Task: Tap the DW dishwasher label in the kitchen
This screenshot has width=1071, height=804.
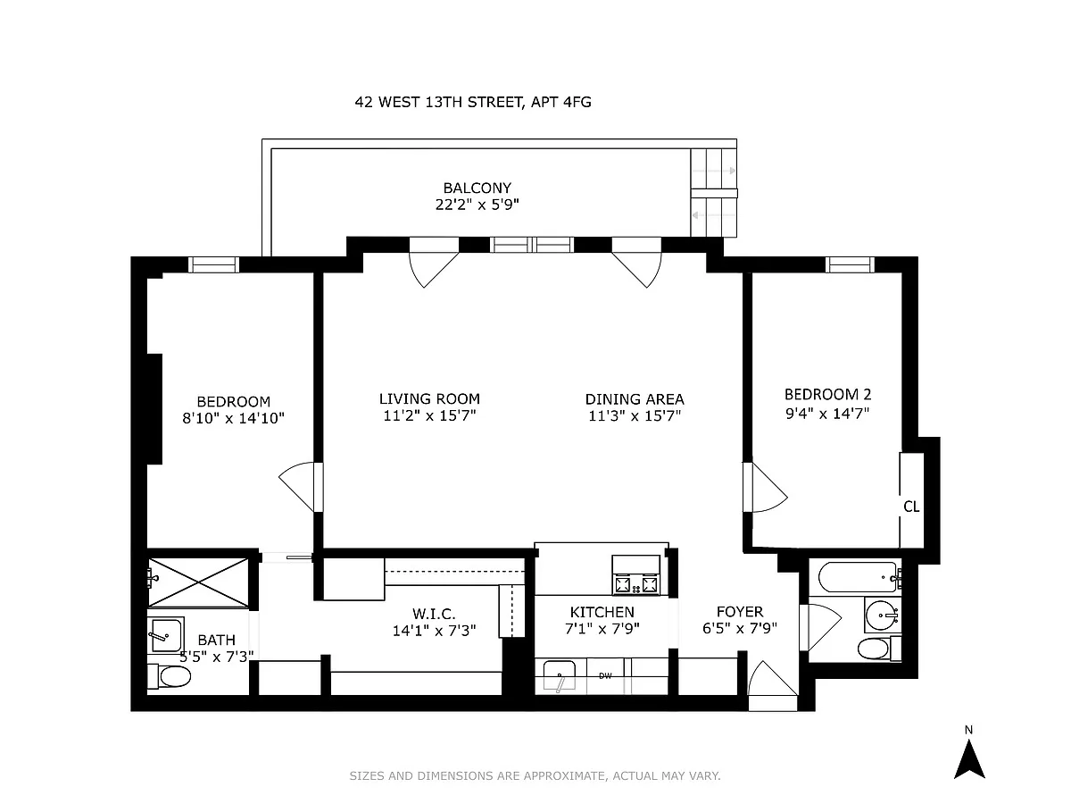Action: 605,676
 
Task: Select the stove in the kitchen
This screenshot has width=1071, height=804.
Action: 636,575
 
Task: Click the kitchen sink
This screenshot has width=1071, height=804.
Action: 560,676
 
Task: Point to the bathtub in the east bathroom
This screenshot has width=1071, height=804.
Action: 859,578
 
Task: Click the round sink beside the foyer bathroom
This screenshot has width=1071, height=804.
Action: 882,615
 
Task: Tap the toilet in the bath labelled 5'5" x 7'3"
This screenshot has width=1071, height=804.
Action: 170,676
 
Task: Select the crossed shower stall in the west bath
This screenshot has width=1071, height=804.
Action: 198,582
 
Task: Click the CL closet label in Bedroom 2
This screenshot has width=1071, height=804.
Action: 911,507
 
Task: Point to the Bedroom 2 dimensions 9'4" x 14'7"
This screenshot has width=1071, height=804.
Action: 827,414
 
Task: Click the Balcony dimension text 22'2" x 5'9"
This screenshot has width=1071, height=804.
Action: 477,204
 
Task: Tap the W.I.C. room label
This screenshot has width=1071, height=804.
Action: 434,614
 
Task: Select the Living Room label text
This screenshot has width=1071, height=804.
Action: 429,398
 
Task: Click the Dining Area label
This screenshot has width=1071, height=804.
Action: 635,399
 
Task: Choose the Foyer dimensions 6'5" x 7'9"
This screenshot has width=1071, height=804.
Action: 740,628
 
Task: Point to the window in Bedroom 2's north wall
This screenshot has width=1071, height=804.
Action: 850,264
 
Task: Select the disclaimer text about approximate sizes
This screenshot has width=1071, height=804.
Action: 535,775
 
